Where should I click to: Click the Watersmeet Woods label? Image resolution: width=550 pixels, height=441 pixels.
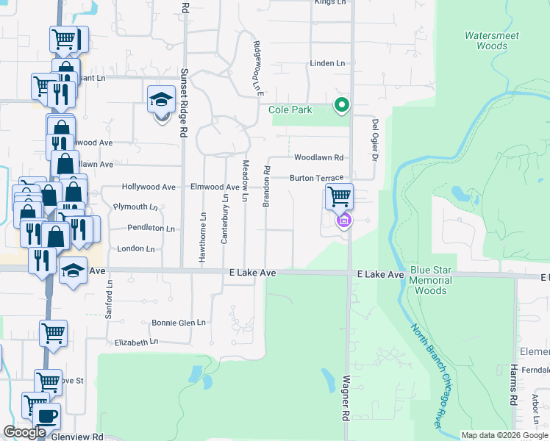[486, 40]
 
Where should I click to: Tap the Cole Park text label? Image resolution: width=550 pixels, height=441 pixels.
[290, 110]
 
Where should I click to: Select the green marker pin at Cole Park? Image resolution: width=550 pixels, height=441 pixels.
[341, 105]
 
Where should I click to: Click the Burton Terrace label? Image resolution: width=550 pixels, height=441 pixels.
[316, 179]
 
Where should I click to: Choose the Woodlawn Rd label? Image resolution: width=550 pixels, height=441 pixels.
[318, 158]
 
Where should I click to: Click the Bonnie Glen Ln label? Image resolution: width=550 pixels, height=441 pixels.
[178, 323]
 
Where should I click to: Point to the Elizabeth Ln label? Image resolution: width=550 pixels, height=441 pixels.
[137, 343]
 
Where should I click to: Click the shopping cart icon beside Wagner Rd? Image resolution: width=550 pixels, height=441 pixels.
[339, 196]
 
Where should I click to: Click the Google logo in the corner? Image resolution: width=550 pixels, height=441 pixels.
[24, 432]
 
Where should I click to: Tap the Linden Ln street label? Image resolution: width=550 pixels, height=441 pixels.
[327, 64]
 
